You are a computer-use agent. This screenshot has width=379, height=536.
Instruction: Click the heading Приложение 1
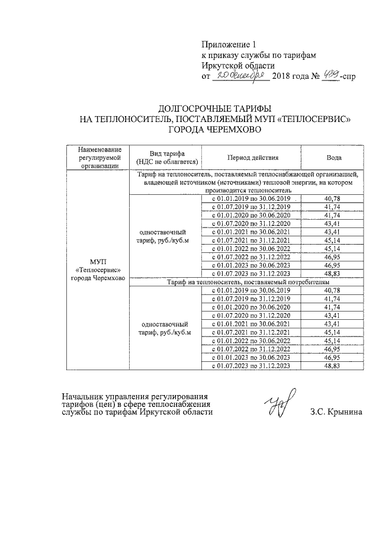230,44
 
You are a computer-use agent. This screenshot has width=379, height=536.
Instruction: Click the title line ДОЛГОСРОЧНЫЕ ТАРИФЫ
214,109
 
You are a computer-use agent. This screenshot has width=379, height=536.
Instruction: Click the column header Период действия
252,158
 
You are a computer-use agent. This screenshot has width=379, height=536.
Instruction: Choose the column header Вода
333,158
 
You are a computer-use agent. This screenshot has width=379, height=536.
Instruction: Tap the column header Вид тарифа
167,158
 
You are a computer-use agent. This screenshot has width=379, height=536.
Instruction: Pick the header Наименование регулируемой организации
98,158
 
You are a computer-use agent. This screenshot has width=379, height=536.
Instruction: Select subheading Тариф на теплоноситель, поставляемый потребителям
245,282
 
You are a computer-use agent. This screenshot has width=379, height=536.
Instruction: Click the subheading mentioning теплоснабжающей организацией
245,183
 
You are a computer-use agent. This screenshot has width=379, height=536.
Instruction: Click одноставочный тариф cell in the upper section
167,236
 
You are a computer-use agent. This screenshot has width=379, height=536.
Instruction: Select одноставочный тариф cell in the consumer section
167,329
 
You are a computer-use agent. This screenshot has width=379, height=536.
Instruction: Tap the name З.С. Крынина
335,412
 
